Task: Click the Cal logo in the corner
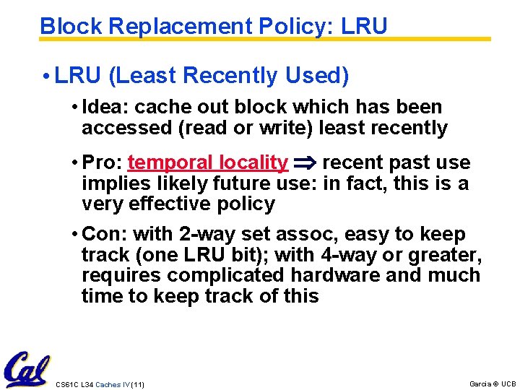click(27, 370)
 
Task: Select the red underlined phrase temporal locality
click(207, 163)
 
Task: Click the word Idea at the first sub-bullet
click(105, 108)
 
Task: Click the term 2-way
click(203, 235)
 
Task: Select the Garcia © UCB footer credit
click(493, 383)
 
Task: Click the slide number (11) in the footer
click(136, 384)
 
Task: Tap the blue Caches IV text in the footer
click(112, 384)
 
